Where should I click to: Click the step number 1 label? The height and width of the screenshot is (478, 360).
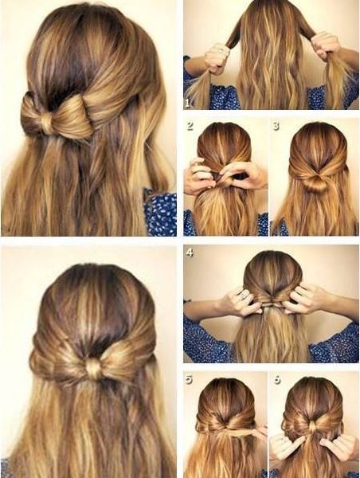[187, 103]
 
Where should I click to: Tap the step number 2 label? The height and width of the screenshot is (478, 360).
[190, 126]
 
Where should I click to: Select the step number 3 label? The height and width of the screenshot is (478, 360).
[276, 126]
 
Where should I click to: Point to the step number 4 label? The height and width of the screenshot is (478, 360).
[190, 253]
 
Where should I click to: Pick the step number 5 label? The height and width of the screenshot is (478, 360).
[189, 379]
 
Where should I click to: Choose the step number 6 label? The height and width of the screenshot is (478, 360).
[277, 379]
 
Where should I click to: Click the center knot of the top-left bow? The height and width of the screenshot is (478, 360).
[46, 122]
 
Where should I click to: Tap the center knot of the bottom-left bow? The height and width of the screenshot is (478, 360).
[94, 368]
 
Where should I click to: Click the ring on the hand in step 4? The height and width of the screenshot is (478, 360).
[243, 295]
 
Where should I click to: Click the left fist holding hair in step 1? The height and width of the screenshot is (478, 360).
[217, 58]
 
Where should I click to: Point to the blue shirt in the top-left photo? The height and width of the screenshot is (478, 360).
[161, 213]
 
